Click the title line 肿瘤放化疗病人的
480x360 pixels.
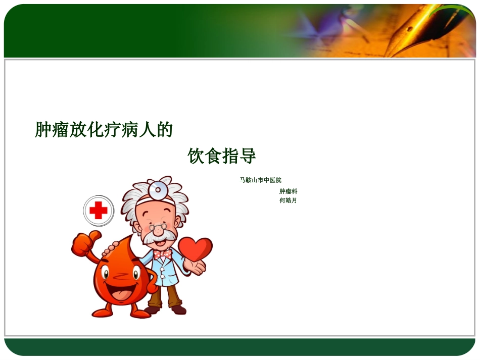pos(104,130)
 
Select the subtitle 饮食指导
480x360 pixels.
pos(222,156)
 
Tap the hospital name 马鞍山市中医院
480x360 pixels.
pos(260,180)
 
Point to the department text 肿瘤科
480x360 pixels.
pos(288,191)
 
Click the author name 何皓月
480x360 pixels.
pos(288,200)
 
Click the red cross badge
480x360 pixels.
pos(98,210)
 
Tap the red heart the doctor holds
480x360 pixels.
pos(195,248)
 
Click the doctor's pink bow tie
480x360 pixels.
pos(163,253)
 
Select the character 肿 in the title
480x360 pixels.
pos(43,130)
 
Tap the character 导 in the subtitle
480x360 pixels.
pos(248,156)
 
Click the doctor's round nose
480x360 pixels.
pos(159,230)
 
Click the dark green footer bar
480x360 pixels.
pos(239,347)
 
